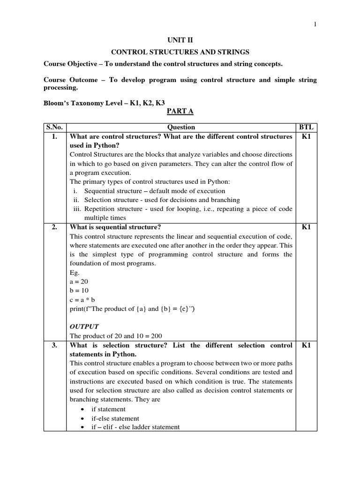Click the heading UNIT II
180,41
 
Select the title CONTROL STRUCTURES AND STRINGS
180,52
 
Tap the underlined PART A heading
180,111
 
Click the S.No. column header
55,127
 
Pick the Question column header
181,127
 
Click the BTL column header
307,127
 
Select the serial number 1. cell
55,136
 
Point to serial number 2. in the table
55,227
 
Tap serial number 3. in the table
55,345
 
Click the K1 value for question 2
307,227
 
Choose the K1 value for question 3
307,345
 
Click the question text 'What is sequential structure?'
115,227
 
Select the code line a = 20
78,282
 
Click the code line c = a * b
81,300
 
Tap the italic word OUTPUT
84,326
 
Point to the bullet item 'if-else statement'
115,418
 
